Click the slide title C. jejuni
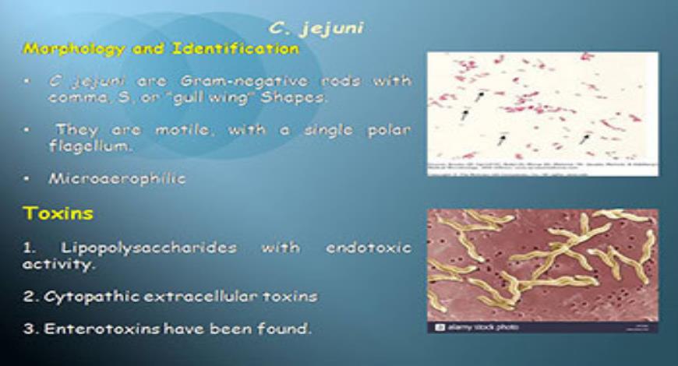click(316, 29)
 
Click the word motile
click(184, 130)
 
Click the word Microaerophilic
click(117, 178)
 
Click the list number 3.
click(28, 329)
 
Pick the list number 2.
click(28, 297)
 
